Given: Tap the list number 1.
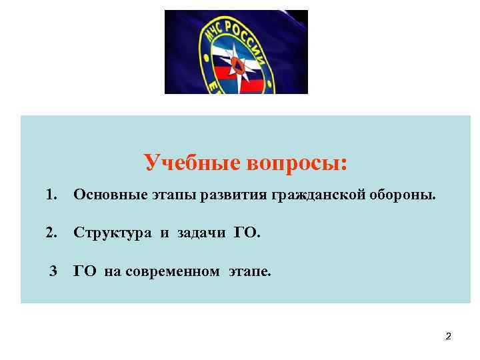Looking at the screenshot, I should [51, 195].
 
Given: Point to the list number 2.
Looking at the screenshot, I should [51, 233].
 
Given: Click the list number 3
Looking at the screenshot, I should [54, 271].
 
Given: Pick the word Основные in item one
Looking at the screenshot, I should [105, 195].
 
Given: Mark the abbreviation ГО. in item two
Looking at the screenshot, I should [247, 233].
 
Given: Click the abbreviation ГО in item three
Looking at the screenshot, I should [86, 271].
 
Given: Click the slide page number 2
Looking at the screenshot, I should [449, 337].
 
